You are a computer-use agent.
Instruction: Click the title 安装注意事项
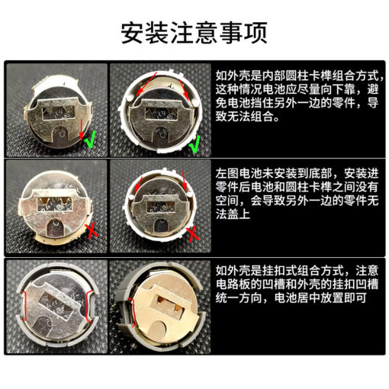coord(194,33)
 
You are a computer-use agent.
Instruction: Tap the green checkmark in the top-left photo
coord(90,140)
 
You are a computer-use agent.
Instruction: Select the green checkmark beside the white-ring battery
coord(194,144)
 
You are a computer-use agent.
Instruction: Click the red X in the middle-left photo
coord(92,231)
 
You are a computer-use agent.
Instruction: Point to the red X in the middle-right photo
coord(193,234)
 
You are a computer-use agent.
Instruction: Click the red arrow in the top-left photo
coord(82,130)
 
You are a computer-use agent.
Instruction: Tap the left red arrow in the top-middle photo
coord(146,84)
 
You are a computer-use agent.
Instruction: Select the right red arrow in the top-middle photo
coord(184,89)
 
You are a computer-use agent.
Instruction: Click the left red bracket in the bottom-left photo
coord(24,306)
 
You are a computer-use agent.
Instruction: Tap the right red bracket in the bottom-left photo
coord(88,307)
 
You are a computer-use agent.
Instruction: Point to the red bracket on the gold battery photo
coord(133,312)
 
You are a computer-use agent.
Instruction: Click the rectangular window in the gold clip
coord(168,304)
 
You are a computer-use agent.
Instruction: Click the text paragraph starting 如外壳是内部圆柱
coord(297,96)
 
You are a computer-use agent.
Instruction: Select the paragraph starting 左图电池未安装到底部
coord(297,194)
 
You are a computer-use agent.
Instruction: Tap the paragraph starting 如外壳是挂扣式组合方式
coord(297,285)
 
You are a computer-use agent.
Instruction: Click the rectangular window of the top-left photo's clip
coord(58,112)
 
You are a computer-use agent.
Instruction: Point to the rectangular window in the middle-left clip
coord(55,204)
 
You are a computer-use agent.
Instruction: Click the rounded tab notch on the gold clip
coord(159,327)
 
